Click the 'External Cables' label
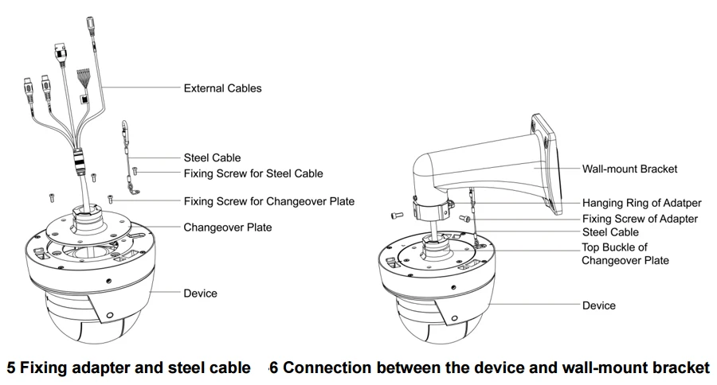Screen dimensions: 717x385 tap(223, 88)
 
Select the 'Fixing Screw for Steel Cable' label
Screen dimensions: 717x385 tap(253, 173)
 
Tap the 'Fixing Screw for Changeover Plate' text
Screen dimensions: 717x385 tap(269, 201)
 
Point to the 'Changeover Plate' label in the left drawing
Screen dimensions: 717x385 tap(228, 227)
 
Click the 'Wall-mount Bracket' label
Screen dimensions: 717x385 tap(629, 169)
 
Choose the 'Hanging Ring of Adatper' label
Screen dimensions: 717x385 tap(641, 203)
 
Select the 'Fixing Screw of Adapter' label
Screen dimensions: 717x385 tap(641, 219)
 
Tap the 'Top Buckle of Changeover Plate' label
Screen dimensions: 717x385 tap(625, 254)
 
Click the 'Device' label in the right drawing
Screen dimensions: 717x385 tap(599, 305)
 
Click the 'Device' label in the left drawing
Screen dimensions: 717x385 tap(200, 294)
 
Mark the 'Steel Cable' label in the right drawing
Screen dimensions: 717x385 tap(610, 232)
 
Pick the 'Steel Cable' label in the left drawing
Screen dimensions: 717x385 tap(212, 157)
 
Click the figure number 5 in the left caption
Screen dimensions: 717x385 tap(11, 367)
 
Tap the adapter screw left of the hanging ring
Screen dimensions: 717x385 tap(396, 214)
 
